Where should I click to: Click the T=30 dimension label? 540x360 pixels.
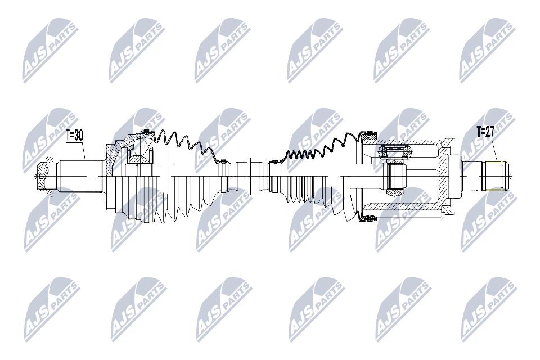point(74,136)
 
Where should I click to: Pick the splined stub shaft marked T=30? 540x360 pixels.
point(81,177)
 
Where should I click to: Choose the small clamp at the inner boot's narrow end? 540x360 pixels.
point(274,161)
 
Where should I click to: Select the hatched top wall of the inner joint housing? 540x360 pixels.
point(403,142)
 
